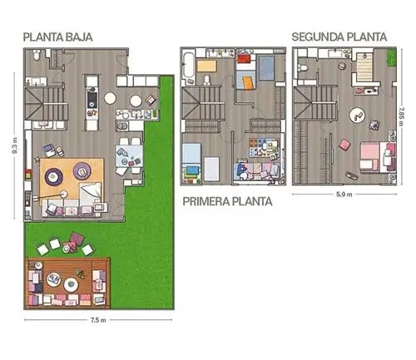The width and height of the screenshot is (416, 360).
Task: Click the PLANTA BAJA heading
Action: (x=57, y=37)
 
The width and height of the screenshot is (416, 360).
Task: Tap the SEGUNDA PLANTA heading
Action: (x=339, y=37)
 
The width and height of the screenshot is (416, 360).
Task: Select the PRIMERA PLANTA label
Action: (x=227, y=201)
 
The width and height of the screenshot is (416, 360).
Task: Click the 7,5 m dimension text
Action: (x=98, y=320)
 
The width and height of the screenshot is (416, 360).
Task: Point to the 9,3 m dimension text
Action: (x=16, y=145)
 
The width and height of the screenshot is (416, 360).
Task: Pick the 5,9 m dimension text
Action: (x=344, y=195)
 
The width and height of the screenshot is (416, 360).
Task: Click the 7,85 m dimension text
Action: (x=401, y=116)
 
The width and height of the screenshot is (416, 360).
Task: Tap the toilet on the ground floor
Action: (x=37, y=56)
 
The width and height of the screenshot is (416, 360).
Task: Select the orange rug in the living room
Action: (x=72, y=178)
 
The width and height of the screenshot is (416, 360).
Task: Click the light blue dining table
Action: (x=129, y=156)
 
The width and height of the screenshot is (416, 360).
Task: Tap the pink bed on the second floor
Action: (x=378, y=155)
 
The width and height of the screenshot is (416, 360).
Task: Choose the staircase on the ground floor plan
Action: (x=46, y=103)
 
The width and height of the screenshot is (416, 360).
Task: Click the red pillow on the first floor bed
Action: (x=245, y=59)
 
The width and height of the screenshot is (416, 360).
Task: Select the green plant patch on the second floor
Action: (x=392, y=57)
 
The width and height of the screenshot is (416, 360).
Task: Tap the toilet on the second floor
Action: (x=303, y=67)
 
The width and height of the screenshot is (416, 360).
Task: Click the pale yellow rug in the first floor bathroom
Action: (x=206, y=67)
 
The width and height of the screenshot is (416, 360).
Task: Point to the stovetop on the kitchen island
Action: (x=92, y=100)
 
